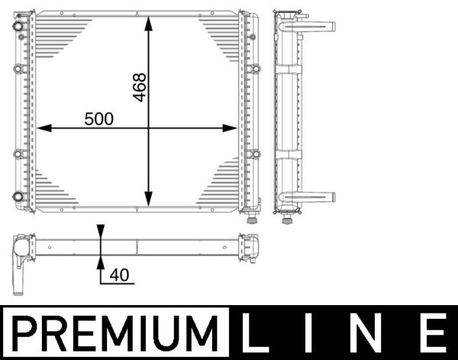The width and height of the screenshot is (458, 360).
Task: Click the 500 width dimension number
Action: tap(98, 119)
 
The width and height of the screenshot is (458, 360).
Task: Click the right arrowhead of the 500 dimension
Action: tap(233, 128)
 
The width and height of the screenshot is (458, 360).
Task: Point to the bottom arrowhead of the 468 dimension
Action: tap(150, 200)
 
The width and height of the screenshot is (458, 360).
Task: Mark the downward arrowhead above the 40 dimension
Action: tap(101, 233)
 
